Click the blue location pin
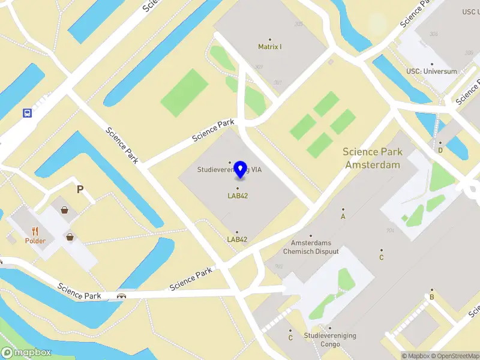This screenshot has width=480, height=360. (x=241, y=170)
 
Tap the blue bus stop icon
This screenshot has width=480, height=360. (x=27, y=112)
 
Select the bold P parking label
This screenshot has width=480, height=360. (x=79, y=190)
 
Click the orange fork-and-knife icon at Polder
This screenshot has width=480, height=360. (x=35, y=231)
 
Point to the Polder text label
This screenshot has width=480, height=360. (x=35, y=241)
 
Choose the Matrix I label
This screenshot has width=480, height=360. (x=269, y=46)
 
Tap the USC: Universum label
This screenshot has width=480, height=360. (x=431, y=71)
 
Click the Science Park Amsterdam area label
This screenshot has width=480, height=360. (x=371, y=158)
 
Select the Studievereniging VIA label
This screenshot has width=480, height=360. (x=230, y=170)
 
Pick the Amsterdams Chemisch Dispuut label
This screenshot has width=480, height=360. (x=311, y=247)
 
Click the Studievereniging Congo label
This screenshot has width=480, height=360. (x=330, y=340)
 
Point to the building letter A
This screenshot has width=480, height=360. (x=343, y=217)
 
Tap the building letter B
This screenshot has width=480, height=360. (x=431, y=297)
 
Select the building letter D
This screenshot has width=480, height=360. (x=440, y=150)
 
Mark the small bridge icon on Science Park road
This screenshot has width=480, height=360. (x=122, y=295)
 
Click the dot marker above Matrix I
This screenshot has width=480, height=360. (x=269, y=39)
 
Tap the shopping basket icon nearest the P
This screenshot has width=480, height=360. (x=64, y=209)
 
